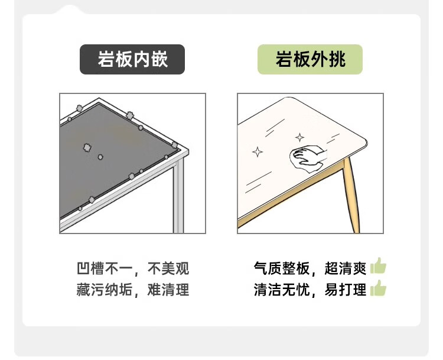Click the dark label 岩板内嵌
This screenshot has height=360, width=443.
132,59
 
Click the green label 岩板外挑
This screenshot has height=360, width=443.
310,59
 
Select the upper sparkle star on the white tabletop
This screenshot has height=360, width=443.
299,138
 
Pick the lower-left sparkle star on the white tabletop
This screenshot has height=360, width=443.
258,152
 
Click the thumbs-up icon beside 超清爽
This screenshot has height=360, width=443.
378,266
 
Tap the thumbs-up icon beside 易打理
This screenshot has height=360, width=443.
378,288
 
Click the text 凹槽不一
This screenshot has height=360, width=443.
105,268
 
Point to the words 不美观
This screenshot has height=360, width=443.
168,268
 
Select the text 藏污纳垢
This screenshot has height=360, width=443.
105,290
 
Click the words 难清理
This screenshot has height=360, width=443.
168,290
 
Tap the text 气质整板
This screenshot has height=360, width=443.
282,268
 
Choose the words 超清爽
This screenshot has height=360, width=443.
346,268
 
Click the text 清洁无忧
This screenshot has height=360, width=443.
282,290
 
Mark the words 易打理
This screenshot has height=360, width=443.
346,290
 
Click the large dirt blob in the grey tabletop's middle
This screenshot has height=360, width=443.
87,147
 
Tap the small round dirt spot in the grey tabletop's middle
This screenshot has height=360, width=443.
100,157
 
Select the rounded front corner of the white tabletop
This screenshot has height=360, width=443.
364,142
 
